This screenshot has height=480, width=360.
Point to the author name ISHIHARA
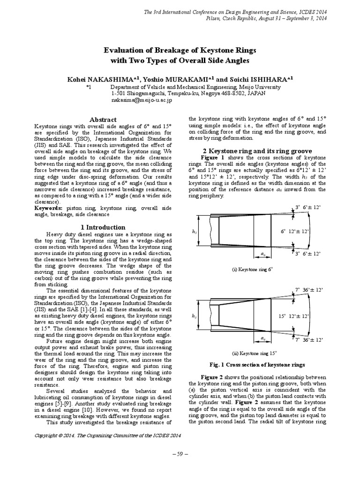coord(267,80)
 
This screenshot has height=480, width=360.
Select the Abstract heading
coord(101,120)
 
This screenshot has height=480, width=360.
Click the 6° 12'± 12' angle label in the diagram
coord(295,232)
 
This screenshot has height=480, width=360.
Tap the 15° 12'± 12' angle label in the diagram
coord(294,316)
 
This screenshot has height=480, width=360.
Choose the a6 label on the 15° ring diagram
coord(262,337)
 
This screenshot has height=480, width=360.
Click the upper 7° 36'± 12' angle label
coord(309,290)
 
